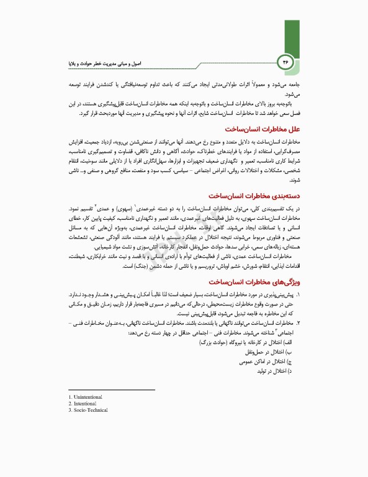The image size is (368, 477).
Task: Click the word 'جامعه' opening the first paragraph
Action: [295, 81]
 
